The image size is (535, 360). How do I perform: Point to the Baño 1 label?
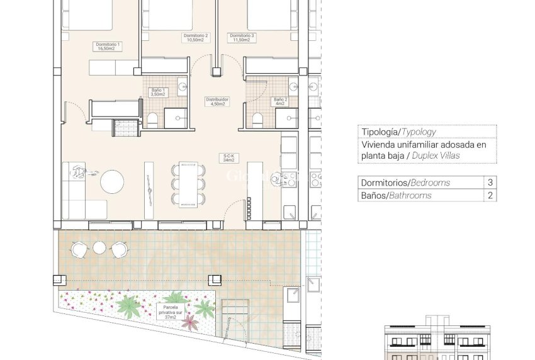click(x=158, y=92)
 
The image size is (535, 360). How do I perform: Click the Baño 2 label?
click(x=279, y=101)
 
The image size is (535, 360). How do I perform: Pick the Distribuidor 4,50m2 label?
click(x=217, y=101)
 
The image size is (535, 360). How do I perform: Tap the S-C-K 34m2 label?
click(x=228, y=158)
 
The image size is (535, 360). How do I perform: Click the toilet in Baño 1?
click(x=152, y=120)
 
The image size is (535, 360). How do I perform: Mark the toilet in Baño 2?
click(x=256, y=120)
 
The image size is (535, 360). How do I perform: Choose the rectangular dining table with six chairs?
click(x=189, y=185)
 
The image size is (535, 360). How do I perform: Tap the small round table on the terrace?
click(x=99, y=248)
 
